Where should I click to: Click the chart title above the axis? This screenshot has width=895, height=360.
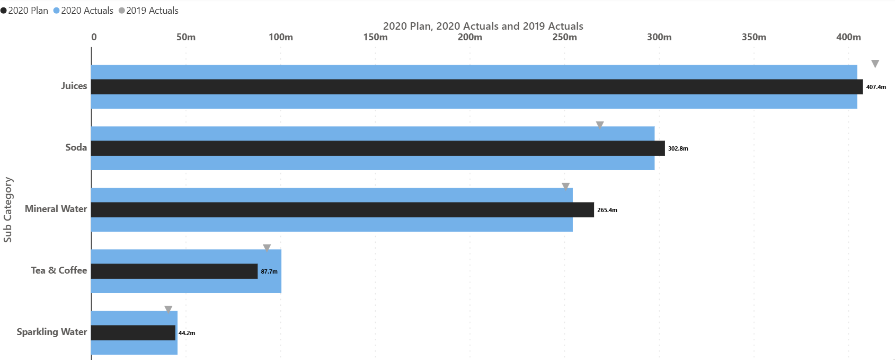point(483,26)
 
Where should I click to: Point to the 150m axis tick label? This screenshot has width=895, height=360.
point(375,37)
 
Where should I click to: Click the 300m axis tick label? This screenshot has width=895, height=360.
point(659,37)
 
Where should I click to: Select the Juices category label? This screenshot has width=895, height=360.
point(74,86)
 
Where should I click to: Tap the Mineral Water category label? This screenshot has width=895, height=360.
point(56,209)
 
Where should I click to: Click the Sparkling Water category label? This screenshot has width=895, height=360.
point(51,332)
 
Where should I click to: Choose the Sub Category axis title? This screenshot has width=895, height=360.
point(7,209)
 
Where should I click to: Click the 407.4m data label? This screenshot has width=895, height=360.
point(876,87)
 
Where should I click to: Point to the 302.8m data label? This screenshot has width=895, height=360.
point(678,148)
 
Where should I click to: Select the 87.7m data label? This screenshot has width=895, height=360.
point(269,271)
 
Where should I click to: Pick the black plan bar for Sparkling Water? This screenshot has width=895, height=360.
point(133,333)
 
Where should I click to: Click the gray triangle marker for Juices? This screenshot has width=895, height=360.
point(875,64)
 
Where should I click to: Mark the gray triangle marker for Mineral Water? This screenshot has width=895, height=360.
point(565,187)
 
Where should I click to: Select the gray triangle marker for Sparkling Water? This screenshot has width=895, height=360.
point(168,309)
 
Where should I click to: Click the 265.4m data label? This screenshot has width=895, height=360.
point(607,210)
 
